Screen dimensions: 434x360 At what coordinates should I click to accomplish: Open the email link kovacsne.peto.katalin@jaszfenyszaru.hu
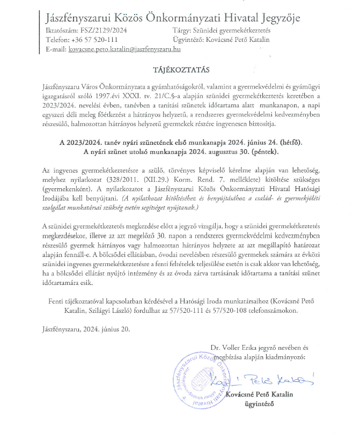[x=124, y=49]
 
